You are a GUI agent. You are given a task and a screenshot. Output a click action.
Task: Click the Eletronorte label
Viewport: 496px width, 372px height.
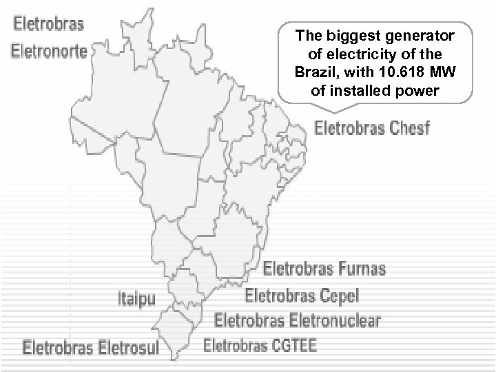(48, 50)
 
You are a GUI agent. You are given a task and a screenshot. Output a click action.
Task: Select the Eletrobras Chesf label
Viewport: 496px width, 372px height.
(372, 129)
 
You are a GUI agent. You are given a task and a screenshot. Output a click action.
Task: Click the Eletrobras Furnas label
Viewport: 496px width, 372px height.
(326, 267)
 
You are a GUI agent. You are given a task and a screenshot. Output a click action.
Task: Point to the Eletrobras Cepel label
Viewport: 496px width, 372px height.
(302, 296)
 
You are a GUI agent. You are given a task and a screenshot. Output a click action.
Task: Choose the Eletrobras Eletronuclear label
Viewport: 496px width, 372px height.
(297, 320)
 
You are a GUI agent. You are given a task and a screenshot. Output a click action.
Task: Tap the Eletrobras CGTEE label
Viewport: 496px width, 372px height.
(261, 344)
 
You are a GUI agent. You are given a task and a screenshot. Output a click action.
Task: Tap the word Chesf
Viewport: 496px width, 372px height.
(409, 129)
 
